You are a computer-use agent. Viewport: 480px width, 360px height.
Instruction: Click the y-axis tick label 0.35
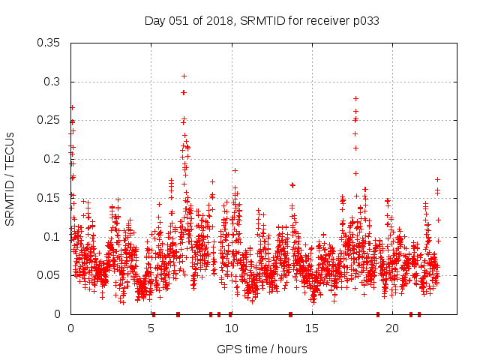49,43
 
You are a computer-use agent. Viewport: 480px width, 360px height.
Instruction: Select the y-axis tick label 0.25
49,120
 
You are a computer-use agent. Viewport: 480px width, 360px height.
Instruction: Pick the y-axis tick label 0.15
49,198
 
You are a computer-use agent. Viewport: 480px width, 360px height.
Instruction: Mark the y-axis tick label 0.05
49,275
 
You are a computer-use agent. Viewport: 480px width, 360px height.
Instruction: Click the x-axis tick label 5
151,328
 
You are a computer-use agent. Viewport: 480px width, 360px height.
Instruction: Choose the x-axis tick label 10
231,328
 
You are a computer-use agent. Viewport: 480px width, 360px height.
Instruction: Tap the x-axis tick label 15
311,328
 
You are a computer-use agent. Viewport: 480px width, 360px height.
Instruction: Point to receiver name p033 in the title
365,21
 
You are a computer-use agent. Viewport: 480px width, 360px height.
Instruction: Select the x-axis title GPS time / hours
262,349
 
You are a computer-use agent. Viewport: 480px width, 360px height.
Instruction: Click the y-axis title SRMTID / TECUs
10,178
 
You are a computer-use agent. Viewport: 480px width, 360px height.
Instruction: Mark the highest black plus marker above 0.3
184,76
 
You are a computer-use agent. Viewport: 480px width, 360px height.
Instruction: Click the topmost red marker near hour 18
355,99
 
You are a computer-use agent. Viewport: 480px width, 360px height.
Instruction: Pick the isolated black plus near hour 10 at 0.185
235,170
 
